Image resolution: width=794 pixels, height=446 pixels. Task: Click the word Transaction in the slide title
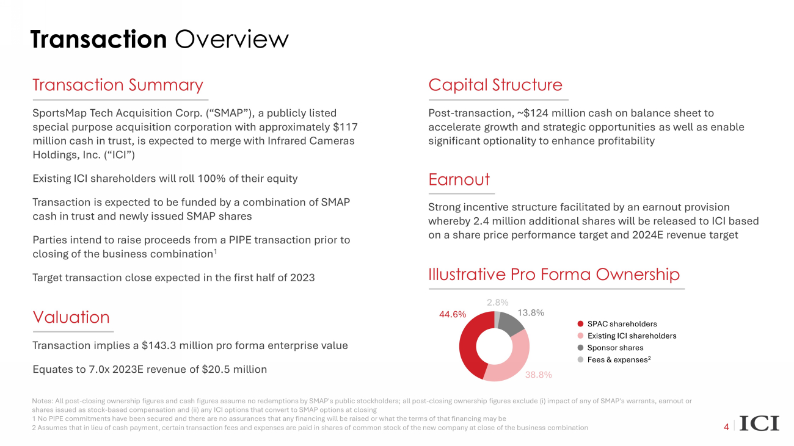(x=98, y=39)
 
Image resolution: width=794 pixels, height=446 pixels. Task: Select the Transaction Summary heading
(x=117, y=85)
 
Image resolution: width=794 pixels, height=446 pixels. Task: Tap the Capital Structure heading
(x=495, y=85)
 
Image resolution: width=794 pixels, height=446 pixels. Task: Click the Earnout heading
(x=459, y=179)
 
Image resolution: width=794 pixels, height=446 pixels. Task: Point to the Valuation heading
(x=71, y=317)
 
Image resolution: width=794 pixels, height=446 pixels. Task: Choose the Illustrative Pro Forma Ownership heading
(x=554, y=275)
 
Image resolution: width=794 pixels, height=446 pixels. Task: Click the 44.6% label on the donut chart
(x=453, y=315)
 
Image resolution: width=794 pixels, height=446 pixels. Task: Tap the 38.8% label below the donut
(x=538, y=375)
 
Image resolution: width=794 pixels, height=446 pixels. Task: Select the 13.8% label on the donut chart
(x=531, y=313)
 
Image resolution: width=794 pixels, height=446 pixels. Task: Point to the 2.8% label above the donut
(x=498, y=302)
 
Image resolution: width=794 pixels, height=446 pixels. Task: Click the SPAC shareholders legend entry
(x=622, y=324)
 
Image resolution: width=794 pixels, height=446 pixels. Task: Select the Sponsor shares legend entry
(x=615, y=348)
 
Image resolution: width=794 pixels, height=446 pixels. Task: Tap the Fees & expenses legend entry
(x=618, y=360)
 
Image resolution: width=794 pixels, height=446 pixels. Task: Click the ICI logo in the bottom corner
(x=759, y=423)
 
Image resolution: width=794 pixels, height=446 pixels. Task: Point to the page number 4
(x=726, y=427)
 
